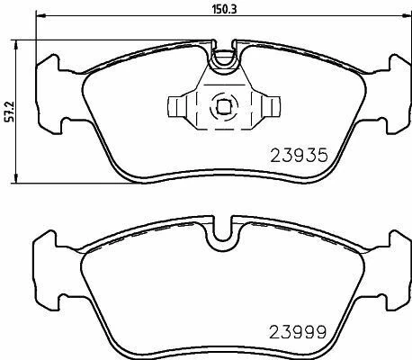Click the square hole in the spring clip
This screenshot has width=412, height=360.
pyautogui.click(x=220, y=105)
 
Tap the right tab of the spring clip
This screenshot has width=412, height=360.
pyautogui.click(x=262, y=107)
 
